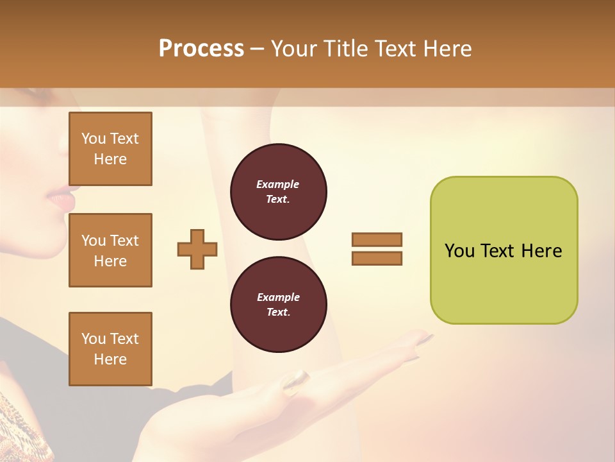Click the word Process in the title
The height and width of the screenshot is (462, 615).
(201, 49)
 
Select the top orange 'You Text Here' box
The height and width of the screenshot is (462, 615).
(110, 149)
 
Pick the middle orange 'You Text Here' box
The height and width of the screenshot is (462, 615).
(110, 250)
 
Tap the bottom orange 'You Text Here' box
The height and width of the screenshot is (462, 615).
(110, 348)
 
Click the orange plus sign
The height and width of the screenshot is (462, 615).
(197, 249)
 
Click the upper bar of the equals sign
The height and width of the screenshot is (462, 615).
(377, 239)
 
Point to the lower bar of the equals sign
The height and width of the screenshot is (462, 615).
(377, 258)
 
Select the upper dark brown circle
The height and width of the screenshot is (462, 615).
(278, 192)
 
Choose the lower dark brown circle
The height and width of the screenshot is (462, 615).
(278, 305)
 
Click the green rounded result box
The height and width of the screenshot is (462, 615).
(504, 250)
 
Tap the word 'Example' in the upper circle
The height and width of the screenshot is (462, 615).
(278, 184)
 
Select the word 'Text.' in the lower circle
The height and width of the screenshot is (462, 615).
(278, 312)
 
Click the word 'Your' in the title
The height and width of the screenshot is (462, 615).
(293, 49)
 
